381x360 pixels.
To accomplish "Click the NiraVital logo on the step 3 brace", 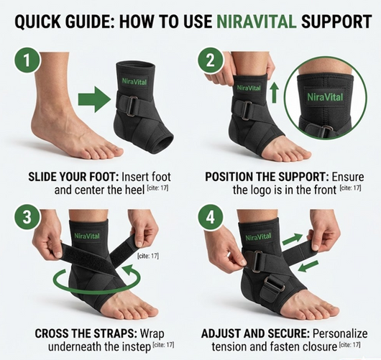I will pos(87,234).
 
